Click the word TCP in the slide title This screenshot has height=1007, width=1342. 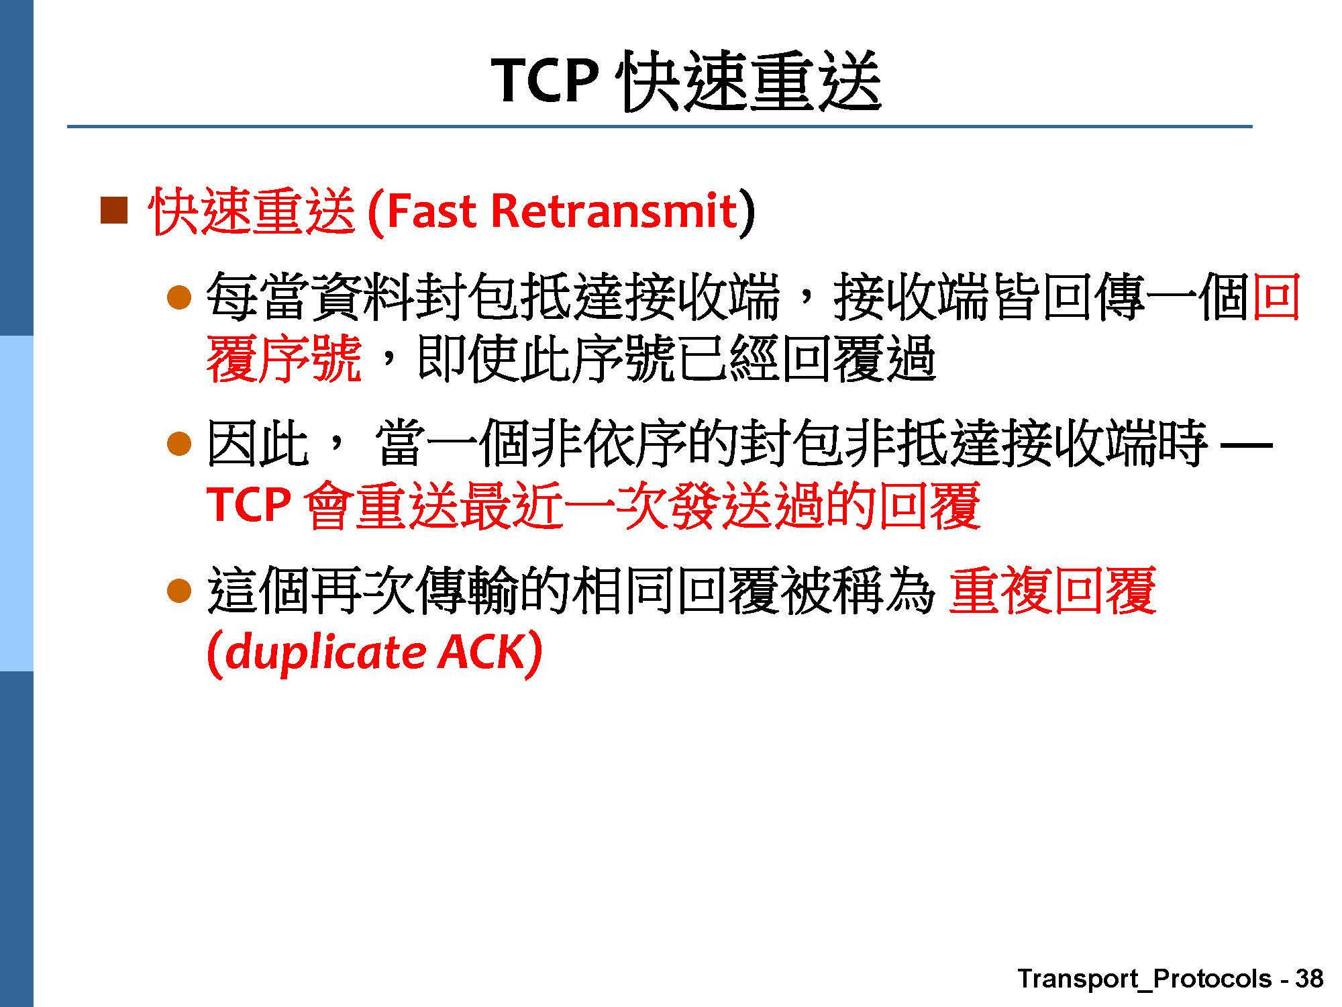[544, 80]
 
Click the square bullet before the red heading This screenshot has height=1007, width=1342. [114, 211]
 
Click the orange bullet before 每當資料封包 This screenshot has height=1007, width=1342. [179, 297]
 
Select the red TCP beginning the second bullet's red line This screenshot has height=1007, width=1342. [249, 504]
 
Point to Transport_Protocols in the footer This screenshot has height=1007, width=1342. [1144, 979]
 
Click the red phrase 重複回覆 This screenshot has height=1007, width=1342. [1053, 591]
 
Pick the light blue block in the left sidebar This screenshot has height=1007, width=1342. [16, 503]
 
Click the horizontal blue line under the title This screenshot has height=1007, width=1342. [660, 126]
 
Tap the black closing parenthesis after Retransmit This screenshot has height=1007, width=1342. [747, 213]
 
